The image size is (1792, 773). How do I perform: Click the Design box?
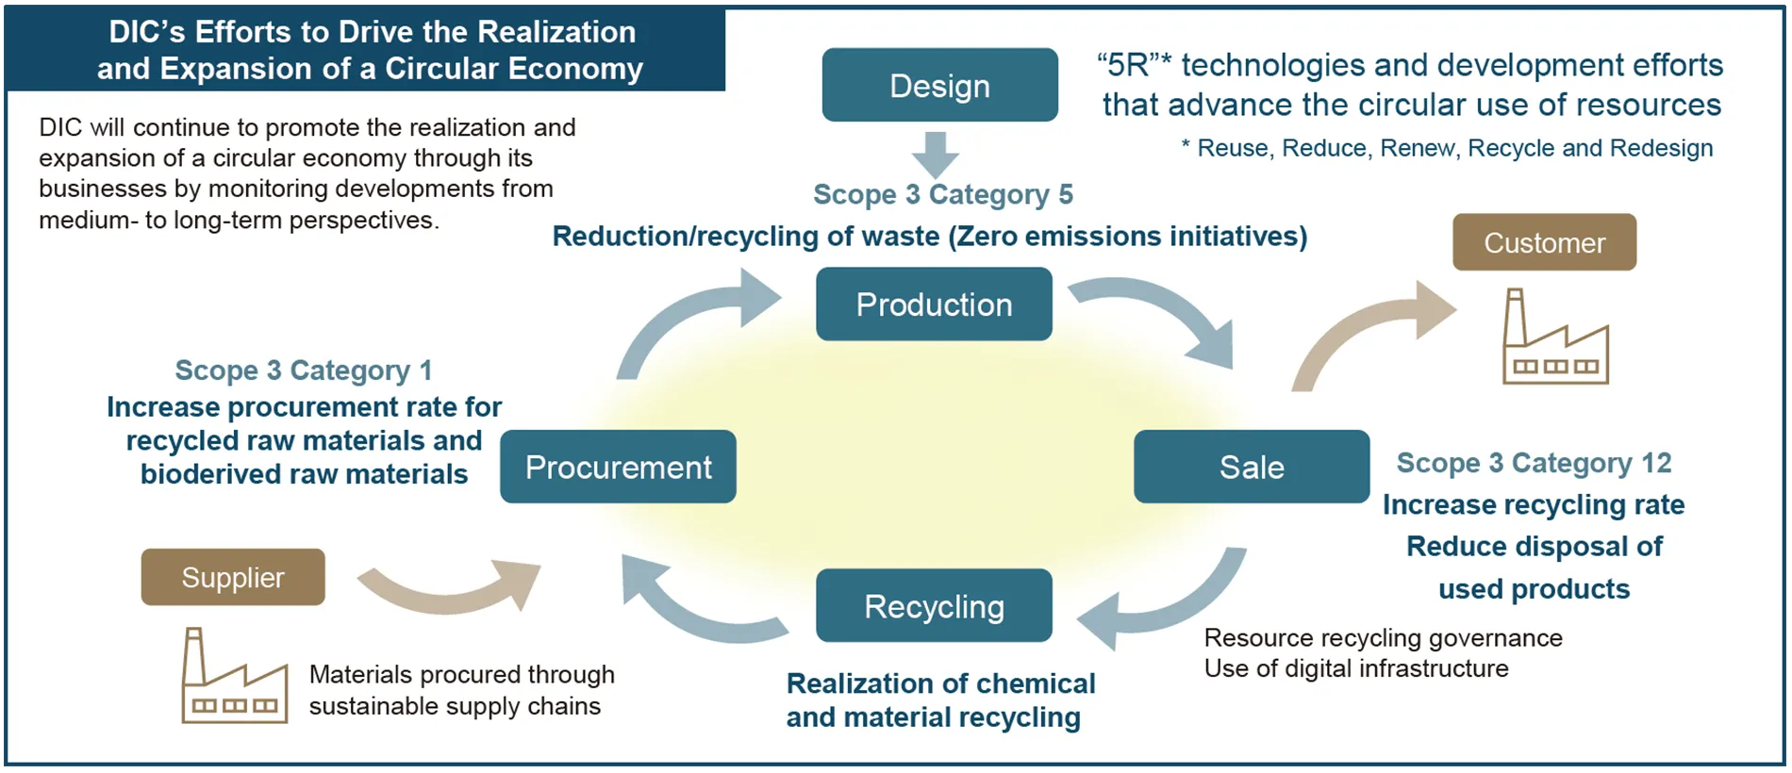(939, 85)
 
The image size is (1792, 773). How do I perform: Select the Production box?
(934, 304)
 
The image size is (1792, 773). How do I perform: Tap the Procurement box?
(618, 467)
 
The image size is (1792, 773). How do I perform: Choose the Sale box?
(1251, 467)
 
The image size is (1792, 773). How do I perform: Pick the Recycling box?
(934, 605)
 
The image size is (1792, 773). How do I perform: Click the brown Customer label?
(1544, 242)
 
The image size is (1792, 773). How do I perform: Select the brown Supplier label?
(233, 577)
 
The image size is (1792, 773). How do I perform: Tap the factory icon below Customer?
(1553, 339)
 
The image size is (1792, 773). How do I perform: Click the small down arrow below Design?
(936, 155)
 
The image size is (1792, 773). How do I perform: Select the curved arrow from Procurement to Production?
(689, 316)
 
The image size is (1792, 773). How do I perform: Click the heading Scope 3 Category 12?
(1534, 463)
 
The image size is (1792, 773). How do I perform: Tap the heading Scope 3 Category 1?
(304, 370)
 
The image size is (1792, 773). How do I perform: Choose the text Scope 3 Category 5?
(943, 194)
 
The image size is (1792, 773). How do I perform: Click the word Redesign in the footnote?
(1661, 148)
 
